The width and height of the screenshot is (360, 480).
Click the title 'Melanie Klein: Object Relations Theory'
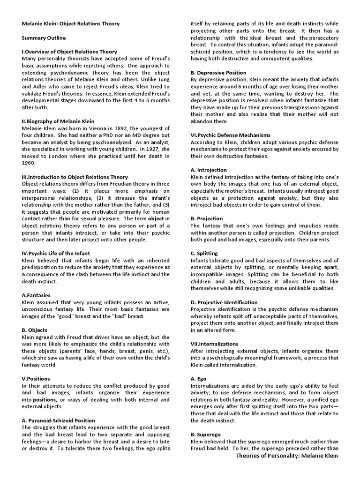[x=71, y=23]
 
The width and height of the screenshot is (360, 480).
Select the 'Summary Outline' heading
[x=44, y=37]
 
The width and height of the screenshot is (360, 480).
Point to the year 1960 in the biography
[x=29, y=164]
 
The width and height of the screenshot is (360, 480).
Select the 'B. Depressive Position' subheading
[x=218, y=73]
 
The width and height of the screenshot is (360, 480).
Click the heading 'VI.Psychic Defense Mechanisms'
[x=231, y=135]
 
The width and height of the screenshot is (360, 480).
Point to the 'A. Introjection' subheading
[x=209, y=170]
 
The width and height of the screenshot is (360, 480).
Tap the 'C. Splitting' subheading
[x=204, y=254]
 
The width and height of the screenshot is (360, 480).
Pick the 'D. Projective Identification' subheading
[x=224, y=302]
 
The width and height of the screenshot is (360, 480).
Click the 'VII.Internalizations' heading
[x=214, y=344]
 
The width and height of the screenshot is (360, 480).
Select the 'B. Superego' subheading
[x=205, y=435]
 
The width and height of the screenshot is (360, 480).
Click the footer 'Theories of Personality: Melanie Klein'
[x=286, y=456]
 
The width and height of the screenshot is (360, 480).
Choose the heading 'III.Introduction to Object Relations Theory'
[x=75, y=177]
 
